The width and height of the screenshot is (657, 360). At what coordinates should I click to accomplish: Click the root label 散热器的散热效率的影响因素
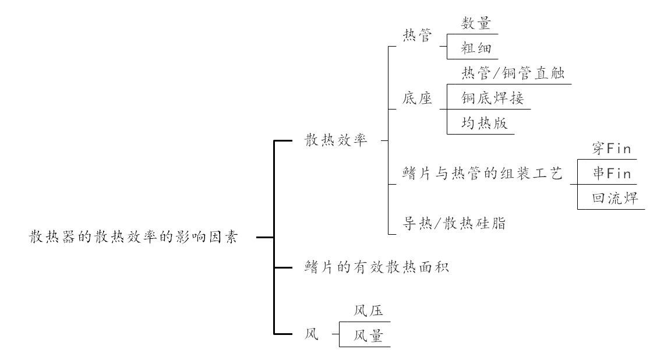134,238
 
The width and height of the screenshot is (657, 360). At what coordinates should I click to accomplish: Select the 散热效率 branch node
336,140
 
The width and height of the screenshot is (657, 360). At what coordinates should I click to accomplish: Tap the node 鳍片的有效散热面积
376,267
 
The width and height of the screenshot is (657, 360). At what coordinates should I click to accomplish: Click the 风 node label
312,335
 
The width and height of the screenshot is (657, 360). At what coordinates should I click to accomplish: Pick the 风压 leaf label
368,311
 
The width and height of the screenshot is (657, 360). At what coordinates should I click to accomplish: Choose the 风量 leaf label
368,336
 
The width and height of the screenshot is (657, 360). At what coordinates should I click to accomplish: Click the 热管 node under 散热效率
418,36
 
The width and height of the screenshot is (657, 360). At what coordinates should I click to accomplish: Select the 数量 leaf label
476,23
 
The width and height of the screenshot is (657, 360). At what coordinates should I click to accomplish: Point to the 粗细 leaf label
476,48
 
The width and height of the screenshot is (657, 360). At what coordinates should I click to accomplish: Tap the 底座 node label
418,98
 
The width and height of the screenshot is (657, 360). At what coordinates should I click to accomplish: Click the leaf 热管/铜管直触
513,73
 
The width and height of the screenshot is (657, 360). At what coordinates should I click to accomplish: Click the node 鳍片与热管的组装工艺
482,174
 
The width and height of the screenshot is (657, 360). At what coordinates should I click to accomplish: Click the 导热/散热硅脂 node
454,223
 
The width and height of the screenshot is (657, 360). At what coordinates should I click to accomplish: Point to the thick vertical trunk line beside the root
274,238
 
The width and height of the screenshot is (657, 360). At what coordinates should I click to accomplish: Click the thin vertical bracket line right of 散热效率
388,140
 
